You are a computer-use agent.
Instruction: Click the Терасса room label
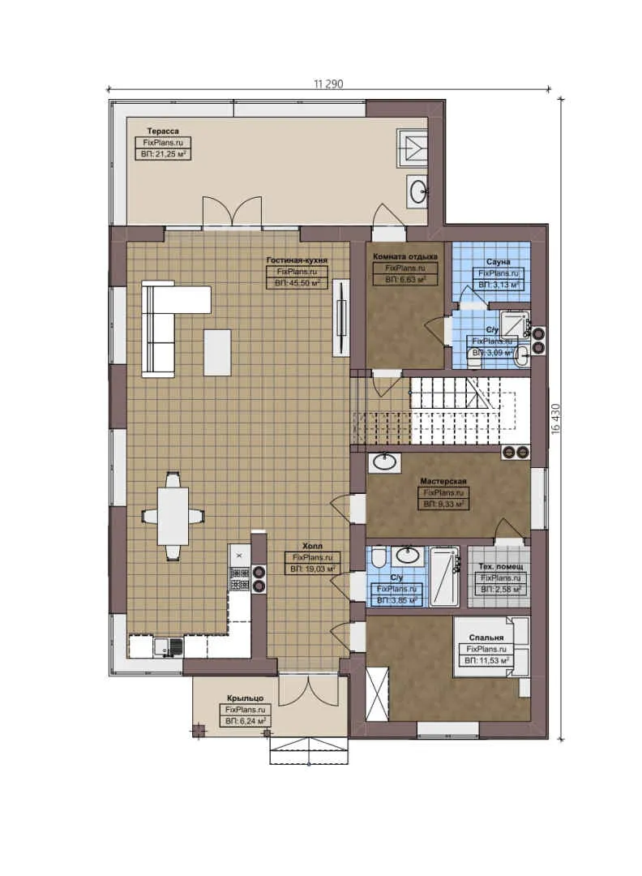162,130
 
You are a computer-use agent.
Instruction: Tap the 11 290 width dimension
327,83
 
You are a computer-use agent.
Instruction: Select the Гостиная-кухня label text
296,261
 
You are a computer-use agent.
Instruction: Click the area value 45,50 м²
296,283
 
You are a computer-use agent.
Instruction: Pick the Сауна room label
497,263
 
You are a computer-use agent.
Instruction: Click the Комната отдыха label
400,257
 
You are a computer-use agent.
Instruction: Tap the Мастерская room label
443,481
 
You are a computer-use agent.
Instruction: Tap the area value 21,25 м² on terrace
162,152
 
